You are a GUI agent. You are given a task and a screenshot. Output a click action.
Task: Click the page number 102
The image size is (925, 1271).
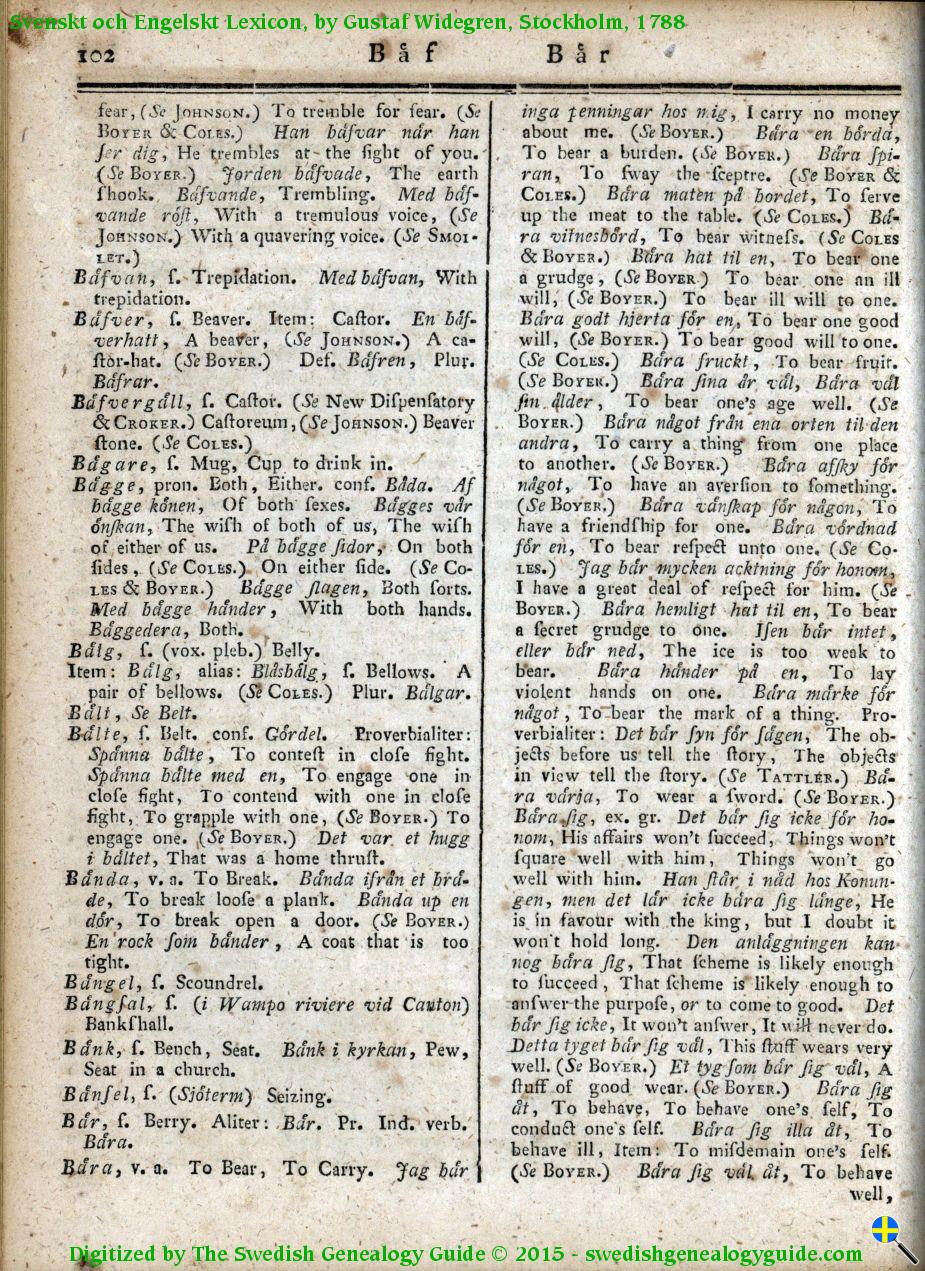97,55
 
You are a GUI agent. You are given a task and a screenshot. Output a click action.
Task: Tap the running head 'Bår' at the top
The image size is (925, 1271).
579,53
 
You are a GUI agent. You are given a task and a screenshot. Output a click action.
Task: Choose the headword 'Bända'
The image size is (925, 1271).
102,880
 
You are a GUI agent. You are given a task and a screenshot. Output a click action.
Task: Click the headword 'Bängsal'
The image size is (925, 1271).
107,1004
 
